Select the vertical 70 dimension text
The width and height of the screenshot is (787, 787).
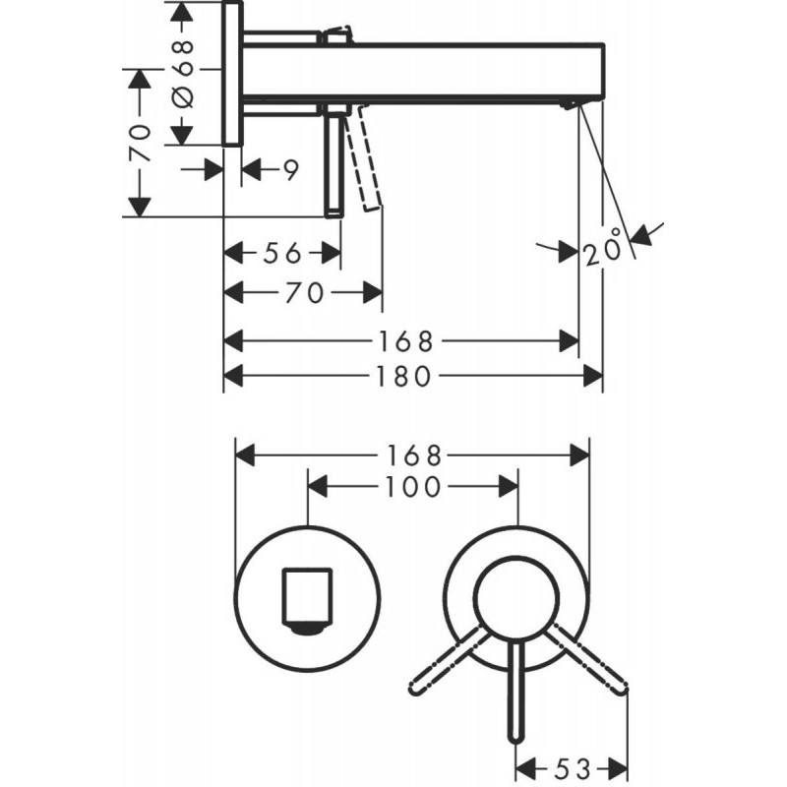click(141, 144)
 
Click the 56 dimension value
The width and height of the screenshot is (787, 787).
click(281, 254)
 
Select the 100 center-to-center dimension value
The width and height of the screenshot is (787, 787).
click(413, 486)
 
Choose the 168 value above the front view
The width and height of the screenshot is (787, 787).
click(413, 454)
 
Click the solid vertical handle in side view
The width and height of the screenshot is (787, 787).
click(335, 162)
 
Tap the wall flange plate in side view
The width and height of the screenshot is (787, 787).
click(232, 74)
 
